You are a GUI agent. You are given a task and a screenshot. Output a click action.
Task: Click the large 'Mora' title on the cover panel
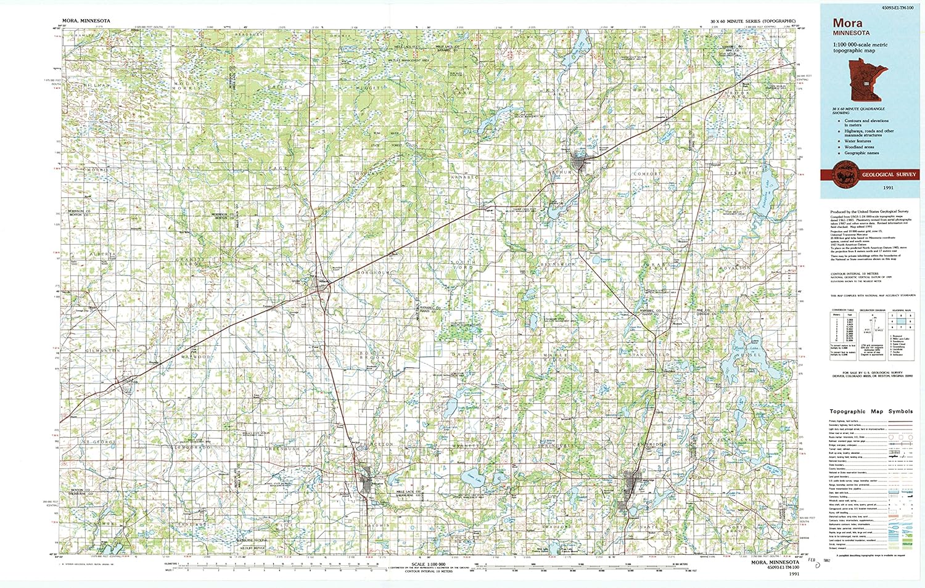pyautogui.click(x=847, y=23)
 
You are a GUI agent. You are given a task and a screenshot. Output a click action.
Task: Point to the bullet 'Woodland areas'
pyautogui.click(x=859, y=147)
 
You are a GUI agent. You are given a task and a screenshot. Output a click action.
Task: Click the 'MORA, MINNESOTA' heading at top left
pyautogui.click(x=86, y=21)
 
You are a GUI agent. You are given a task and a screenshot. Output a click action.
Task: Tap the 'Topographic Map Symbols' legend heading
pyautogui.click(x=871, y=411)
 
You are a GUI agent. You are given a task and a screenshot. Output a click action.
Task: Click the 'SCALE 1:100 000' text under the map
pyautogui.click(x=426, y=564)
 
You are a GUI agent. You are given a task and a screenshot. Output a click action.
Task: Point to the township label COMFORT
pyautogui.click(x=647, y=174)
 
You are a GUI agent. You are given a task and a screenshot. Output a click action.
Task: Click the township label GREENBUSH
pyautogui.click(x=282, y=449)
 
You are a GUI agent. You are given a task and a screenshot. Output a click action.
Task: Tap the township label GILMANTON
pyautogui.click(x=102, y=350)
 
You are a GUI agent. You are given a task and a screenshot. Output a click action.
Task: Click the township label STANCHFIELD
pyautogui.click(x=649, y=356)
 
